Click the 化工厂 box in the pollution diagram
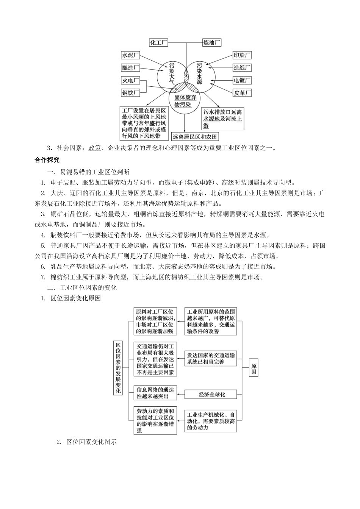point(159,42)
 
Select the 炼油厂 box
point(212,42)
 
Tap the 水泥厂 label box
point(130,55)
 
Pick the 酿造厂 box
point(130,68)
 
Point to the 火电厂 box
point(130,80)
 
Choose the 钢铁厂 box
point(130,92)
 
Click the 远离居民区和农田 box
point(195,137)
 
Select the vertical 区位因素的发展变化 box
point(118,367)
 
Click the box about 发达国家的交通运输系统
point(211,358)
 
